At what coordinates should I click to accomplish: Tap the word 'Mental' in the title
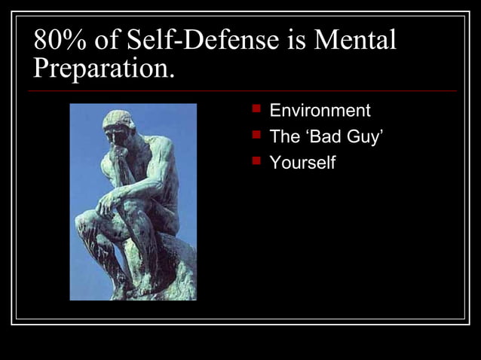356,40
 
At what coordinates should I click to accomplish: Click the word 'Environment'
320,111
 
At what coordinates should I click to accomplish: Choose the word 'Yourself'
302,162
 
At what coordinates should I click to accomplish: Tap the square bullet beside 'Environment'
256,111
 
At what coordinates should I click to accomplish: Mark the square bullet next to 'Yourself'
256,161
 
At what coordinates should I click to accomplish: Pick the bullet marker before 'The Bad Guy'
256,136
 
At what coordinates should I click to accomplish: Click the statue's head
119,126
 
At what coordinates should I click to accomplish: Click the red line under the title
241,91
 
